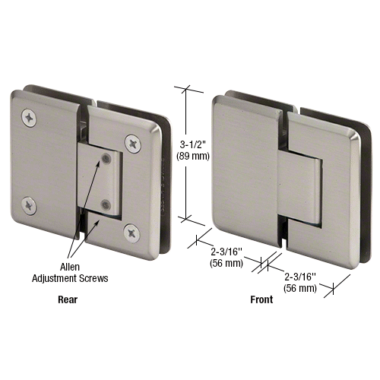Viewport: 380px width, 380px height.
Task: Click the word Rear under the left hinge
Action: tap(68, 299)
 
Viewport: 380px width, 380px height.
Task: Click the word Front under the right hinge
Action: tap(261, 299)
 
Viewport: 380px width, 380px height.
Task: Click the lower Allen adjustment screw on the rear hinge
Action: tap(107, 203)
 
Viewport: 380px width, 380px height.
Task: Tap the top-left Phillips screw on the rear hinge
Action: tap(30, 117)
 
